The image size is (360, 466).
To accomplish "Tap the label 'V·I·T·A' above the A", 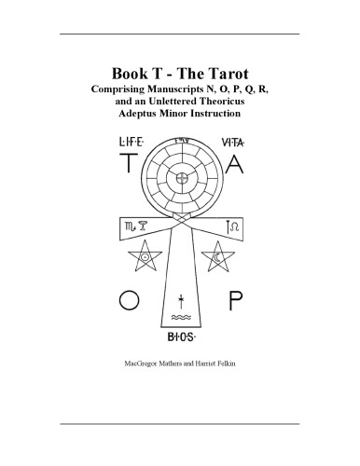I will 232,143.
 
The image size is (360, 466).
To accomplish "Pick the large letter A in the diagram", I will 235,167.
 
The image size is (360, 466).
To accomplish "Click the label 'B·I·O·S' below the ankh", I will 181,339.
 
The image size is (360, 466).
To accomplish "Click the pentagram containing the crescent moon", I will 220,256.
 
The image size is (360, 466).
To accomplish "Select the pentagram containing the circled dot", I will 145,256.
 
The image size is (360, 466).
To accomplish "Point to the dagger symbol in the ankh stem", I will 181,300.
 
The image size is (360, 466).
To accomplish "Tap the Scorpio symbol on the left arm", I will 125,226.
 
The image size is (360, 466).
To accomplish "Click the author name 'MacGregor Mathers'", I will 142,361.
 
